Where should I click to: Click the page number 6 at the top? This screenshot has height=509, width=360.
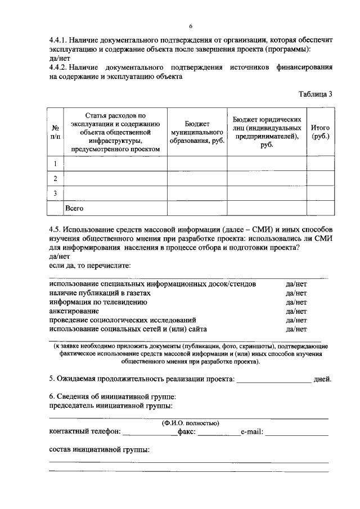click(x=190, y=26)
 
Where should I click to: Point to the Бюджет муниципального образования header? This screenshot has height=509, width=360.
click(x=197, y=132)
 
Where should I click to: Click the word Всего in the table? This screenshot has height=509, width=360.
click(x=74, y=209)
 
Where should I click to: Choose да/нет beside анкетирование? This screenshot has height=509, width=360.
click(x=296, y=310)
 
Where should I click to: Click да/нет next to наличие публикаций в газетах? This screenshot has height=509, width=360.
click(x=296, y=293)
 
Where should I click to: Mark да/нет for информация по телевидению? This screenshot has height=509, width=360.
click(x=296, y=302)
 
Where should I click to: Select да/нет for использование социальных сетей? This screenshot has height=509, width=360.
click(x=296, y=328)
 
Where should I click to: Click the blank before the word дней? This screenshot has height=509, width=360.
click(x=273, y=380)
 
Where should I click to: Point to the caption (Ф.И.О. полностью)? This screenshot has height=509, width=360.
click(x=190, y=423)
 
